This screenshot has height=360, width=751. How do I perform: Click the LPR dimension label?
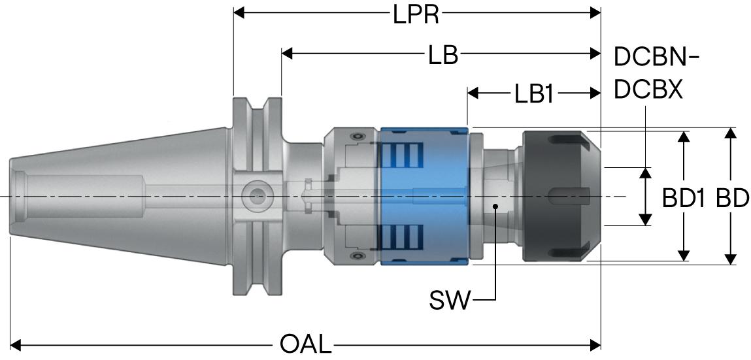point(416,14)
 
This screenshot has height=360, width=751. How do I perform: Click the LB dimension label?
point(443,56)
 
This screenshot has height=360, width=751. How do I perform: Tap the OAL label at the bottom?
point(306,344)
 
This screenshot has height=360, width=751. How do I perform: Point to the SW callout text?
point(450,301)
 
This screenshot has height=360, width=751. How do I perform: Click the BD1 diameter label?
point(684,199)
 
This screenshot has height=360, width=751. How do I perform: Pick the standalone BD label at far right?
point(732,199)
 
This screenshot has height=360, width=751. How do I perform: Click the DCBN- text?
point(656,57)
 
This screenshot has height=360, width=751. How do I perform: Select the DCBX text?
point(648,90)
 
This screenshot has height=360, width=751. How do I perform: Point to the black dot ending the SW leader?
point(496,207)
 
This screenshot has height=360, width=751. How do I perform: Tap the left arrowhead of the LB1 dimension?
point(473,93)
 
